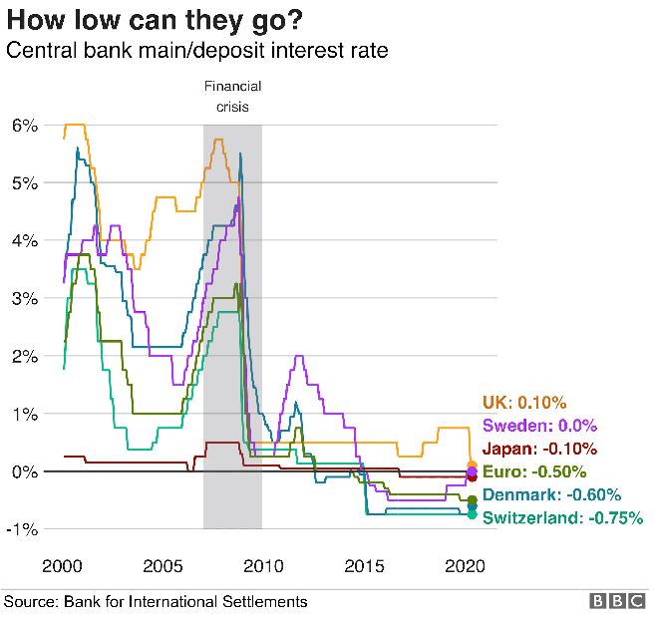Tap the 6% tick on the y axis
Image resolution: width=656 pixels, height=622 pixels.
tap(24, 126)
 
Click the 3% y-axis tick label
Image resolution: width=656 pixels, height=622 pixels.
tap(24, 298)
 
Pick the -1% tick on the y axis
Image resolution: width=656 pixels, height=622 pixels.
tap(22, 528)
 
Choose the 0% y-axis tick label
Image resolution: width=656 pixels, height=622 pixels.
tap(24, 470)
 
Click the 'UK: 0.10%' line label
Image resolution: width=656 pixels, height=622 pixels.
tap(524, 403)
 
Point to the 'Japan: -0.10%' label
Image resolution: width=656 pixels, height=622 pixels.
tap(539, 449)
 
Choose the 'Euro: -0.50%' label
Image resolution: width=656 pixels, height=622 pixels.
tap(534, 471)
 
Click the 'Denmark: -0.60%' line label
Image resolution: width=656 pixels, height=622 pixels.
tap(552, 494)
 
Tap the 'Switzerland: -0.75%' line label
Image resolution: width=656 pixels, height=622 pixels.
tap(562, 517)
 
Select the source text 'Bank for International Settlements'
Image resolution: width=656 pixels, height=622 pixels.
tap(185, 602)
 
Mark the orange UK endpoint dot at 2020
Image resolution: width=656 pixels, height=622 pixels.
tap(472, 465)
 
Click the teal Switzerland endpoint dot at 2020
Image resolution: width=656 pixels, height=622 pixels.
tap(472, 514)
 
